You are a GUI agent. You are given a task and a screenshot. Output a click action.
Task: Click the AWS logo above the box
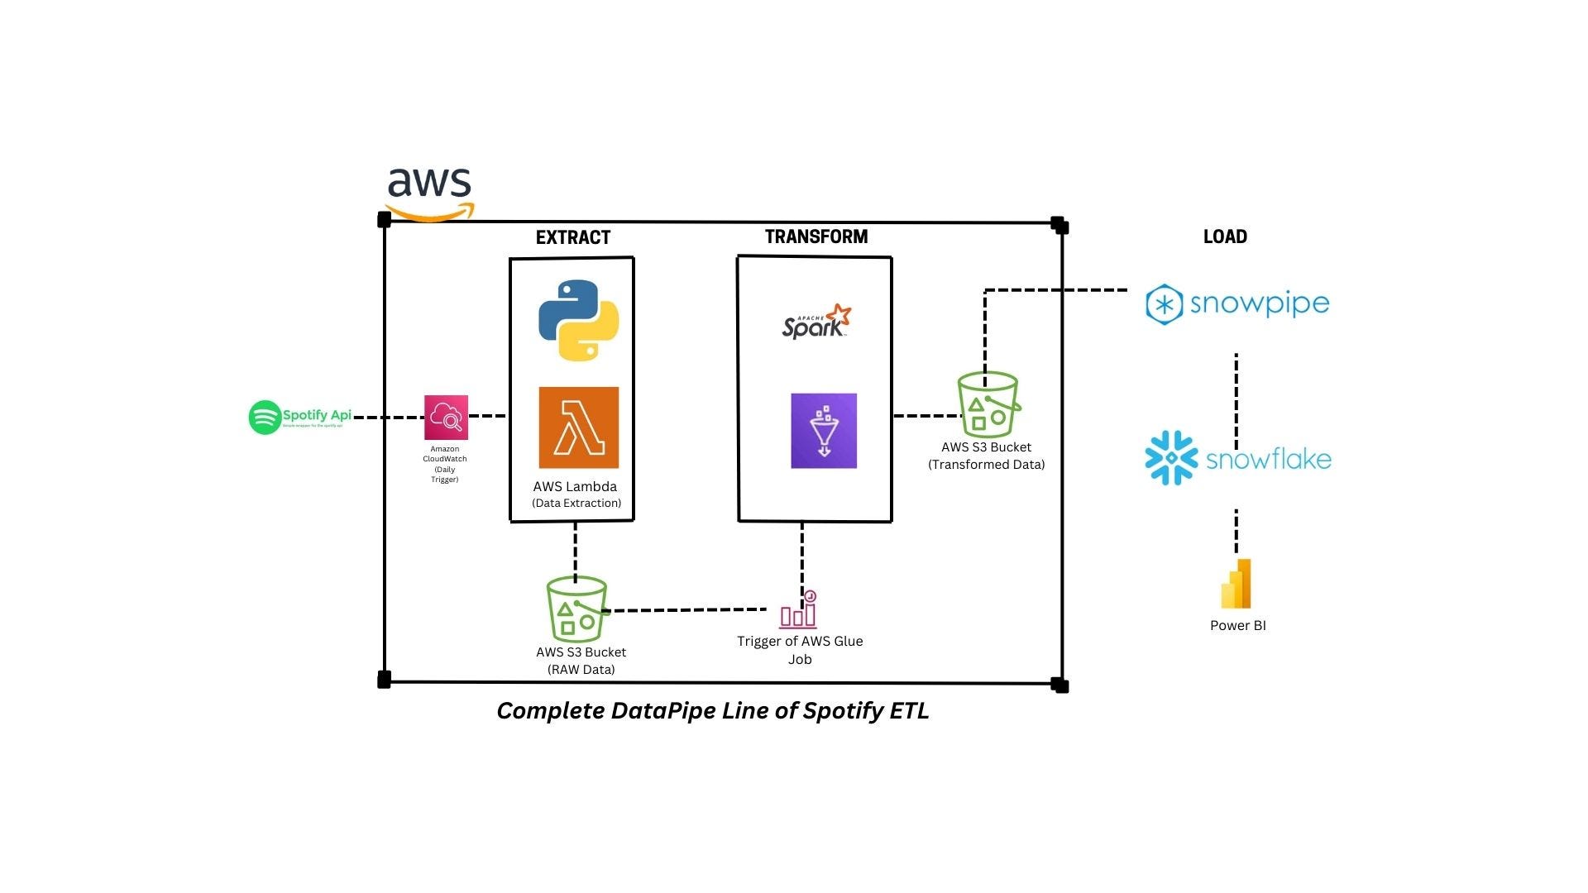(x=429, y=192)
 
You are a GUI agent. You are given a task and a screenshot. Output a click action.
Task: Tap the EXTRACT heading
(x=572, y=238)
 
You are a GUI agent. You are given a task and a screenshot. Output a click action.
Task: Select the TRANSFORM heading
(x=816, y=237)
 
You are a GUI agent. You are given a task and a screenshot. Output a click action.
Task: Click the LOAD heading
(x=1224, y=237)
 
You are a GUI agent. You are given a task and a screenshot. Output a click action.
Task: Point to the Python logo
(x=579, y=320)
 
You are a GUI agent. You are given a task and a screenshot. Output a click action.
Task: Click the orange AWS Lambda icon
(x=578, y=427)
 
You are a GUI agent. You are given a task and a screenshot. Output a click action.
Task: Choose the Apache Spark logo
(x=816, y=322)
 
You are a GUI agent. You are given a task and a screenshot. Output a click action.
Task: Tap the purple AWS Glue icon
(x=823, y=431)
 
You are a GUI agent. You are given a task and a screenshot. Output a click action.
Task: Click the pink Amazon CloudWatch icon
(x=446, y=418)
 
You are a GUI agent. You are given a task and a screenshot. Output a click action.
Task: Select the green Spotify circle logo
(x=265, y=418)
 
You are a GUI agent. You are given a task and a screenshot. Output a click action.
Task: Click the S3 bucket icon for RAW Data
(x=576, y=610)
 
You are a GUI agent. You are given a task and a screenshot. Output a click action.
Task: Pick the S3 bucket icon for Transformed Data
(x=988, y=405)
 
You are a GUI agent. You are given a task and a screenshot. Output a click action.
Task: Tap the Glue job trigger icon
(x=798, y=610)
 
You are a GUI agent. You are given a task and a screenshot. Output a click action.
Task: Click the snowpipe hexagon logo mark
(x=1165, y=304)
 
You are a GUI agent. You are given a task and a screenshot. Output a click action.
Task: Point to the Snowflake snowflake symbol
(x=1171, y=457)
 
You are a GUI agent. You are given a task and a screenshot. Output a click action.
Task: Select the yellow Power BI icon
(x=1236, y=584)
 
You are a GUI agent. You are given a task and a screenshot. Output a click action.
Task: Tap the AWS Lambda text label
(x=575, y=487)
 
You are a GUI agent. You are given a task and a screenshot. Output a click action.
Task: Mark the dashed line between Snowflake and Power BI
(x=1236, y=532)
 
